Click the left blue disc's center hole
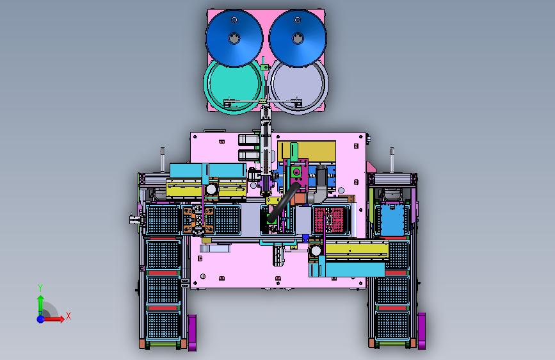pyautogui.click(x=234, y=38)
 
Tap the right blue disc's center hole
pyautogui.click(x=298, y=38)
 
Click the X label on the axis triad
pyautogui.click(x=68, y=316)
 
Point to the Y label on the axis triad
pyautogui.click(x=40, y=288)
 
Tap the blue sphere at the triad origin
pyautogui.click(x=41, y=319)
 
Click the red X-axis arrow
pyautogui.click(x=53, y=319)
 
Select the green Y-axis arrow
pyautogui.click(x=41, y=305)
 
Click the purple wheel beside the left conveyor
pyautogui.click(x=192, y=333)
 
